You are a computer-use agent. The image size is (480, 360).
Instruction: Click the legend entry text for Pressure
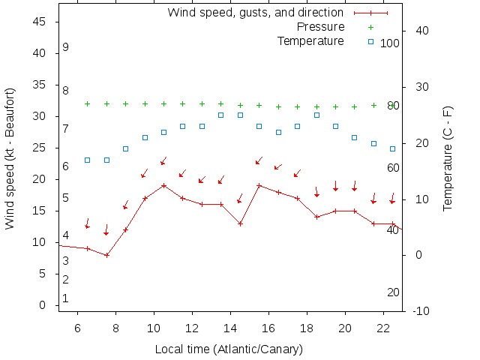320,27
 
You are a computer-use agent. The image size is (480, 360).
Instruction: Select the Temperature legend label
310,40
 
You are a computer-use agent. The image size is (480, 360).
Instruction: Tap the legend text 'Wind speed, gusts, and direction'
255,13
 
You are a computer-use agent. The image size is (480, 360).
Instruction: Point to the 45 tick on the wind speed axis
42,22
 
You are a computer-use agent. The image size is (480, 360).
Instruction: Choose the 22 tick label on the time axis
383,328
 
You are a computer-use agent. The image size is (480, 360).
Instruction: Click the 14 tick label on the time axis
230,328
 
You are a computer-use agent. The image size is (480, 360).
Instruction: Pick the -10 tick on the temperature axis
420,310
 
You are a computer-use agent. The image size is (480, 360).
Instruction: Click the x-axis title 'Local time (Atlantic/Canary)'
229,349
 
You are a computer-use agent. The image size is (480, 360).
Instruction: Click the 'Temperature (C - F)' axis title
448,158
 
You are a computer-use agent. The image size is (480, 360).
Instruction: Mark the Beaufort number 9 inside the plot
66,47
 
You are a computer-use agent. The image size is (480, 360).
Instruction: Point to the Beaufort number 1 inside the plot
66,298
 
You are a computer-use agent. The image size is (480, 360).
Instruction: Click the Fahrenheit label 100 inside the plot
390,43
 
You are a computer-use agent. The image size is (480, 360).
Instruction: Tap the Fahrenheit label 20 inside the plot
393,292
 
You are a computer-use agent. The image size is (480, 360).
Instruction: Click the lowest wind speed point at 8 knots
107,255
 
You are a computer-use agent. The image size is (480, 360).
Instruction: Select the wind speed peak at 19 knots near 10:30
163,185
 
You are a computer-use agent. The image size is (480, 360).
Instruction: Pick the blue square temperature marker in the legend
370,40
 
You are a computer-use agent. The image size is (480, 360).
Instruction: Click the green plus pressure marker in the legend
370,27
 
